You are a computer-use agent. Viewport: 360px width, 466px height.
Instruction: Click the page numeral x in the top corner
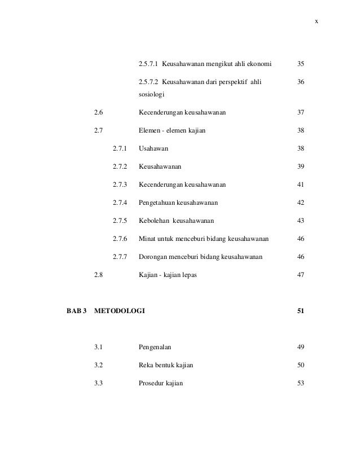click(x=317, y=21)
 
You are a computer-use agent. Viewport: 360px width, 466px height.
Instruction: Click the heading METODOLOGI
click(x=120, y=311)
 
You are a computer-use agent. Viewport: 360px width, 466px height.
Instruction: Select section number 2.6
click(x=99, y=112)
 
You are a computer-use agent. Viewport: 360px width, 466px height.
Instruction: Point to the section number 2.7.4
click(x=120, y=203)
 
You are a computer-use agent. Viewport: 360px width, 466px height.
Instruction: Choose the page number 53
click(x=301, y=383)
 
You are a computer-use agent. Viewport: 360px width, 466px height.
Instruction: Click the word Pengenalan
click(x=156, y=347)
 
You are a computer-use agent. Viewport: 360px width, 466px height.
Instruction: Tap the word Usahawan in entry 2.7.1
click(x=153, y=148)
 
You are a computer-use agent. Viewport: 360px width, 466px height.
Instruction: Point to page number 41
click(x=301, y=184)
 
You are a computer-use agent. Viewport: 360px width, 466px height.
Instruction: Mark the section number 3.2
click(x=99, y=365)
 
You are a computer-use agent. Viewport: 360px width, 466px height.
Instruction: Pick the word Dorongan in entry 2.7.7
click(x=153, y=257)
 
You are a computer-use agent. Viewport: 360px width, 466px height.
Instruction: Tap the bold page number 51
click(x=301, y=311)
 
